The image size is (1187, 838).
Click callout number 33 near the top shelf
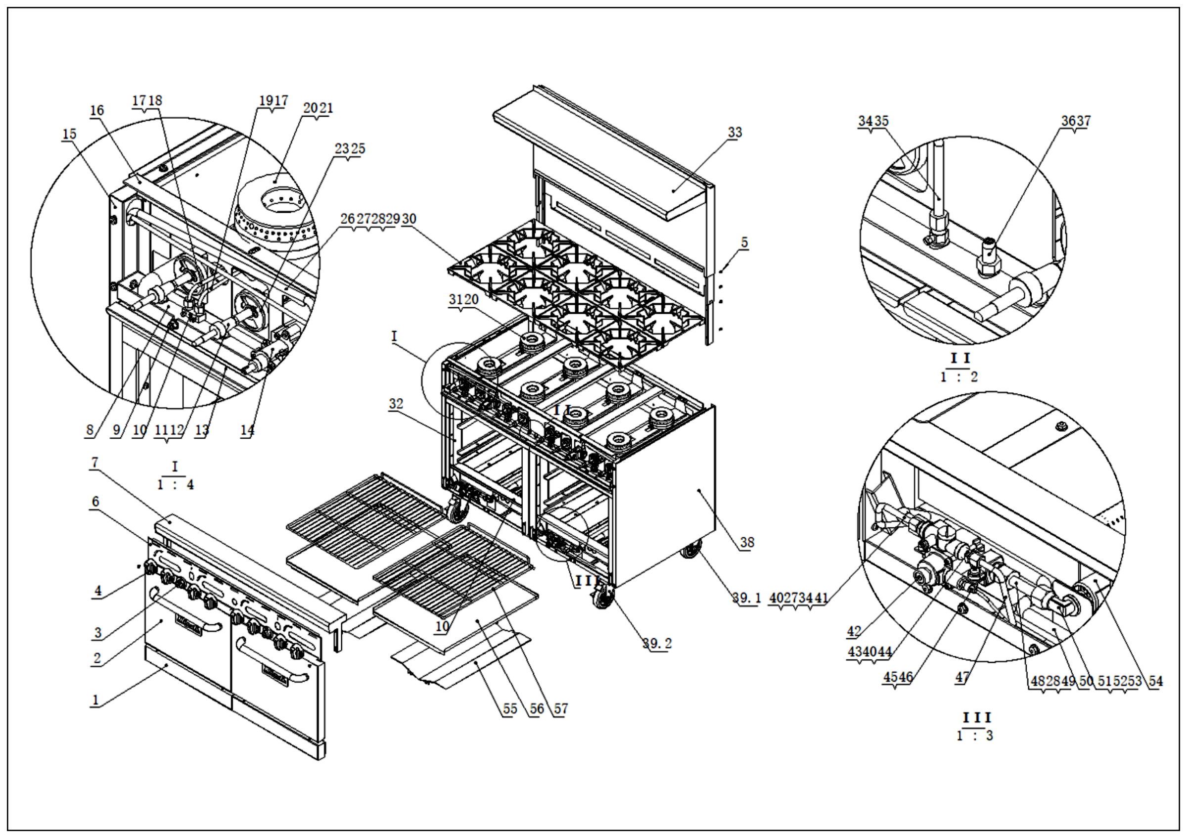pyautogui.click(x=734, y=133)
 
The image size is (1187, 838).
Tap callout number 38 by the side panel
pyautogui.click(x=747, y=542)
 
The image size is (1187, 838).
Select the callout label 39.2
pyautogui.click(x=657, y=643)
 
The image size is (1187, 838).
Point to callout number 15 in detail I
pyautogui.click(x=69, y=135)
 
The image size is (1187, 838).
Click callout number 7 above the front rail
pyautogui.click(x=94, y=462)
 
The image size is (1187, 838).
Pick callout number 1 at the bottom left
pyautogui.click(x=95, y=700)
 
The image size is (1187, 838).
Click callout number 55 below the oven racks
pyautogui.click(x=510, y=708)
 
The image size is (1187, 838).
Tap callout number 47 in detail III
pyautogui.click(x=961, y=677)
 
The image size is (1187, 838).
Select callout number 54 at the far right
pyautogui.click(x=1155, y=681)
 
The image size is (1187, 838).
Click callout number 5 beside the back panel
pyautogui.click(x=744, y=242)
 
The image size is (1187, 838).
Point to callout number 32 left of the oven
pyautogui.click(x=396, y=404)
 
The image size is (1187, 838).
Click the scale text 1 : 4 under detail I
pyautogui.click(x=175, y=485)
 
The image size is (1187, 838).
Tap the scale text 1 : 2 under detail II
pyautogui.click(x=959, y=377)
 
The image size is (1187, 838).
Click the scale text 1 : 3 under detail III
pyautogui.click(x=975, y=736)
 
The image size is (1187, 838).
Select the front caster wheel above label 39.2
pyautogui.click(x=601, y=600)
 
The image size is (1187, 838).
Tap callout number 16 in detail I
pyautogui.click(x=96, y=110)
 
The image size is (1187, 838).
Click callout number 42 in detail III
pyautogui.click(x=854, y=631)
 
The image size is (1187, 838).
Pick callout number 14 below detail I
pyautogui.click(x=247, y=429)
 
